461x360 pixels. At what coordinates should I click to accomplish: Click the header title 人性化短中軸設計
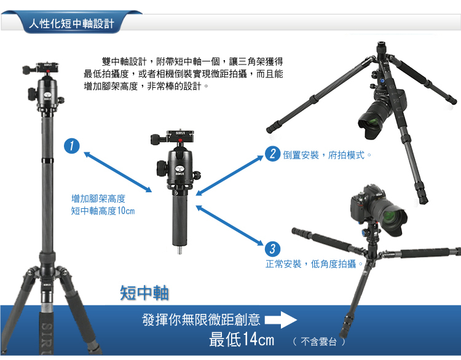point(71,23)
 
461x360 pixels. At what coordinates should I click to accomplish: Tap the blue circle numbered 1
point(72,146)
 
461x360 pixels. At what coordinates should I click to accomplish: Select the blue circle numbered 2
point(272,154)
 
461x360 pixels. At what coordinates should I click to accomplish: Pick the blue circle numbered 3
point(272,249)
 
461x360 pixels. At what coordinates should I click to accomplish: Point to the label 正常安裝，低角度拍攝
point(313,264)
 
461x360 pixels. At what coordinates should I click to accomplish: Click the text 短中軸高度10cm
point(103,211)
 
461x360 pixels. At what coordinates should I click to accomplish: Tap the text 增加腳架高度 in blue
point(98,198)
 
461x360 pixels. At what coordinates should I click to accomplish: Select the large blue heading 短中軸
point(144,292)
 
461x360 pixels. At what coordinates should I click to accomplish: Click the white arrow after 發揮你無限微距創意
point(281,319)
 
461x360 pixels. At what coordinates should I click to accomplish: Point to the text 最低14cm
point(242,340)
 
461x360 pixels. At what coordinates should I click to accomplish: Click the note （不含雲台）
point(318,342)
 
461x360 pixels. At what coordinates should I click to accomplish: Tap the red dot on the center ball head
point(179,141)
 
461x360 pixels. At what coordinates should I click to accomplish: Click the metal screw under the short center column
point(179,250)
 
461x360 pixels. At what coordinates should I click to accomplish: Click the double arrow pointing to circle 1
point(117,172)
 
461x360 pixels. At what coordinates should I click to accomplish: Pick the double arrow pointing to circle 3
point(230,225)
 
